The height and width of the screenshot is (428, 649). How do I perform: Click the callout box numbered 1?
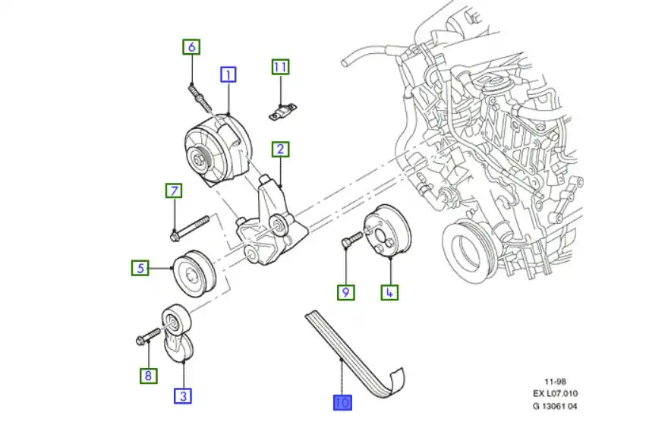(x=228, y=74)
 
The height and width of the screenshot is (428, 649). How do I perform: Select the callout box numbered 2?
(x=280, y=149)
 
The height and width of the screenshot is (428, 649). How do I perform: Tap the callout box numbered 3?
(x=183, y=395)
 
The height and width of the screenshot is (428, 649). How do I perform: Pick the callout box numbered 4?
(x=389, y=291)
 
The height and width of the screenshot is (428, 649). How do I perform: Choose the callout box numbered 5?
(x=139, y=267)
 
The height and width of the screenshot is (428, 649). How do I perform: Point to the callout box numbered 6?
(x=191, y=47)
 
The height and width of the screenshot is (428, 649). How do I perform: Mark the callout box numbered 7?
(x=174, y=190)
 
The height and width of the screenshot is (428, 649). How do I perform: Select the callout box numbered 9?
(x=345, y=291)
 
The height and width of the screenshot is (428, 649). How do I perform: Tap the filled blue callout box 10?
(x=342, y=403)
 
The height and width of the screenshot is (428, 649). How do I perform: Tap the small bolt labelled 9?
(x=351, y=240)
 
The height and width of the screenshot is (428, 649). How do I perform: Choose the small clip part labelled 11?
(x=283, y=112)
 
